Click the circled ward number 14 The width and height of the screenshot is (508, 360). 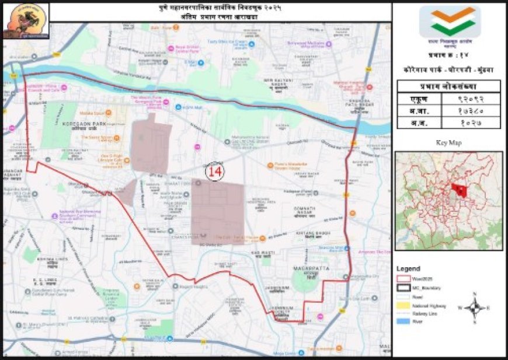pyautogui.click(x=214, y=172)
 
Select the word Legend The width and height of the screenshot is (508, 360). pyautogui.click(x=408, y=268)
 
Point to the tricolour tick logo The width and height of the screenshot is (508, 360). pyautogui.click(x=449, y=22)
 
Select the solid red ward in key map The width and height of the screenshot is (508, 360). pyautogui.click(x=461, y=190)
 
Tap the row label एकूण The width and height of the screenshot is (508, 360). pyautogui.click(x=419, y=99)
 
